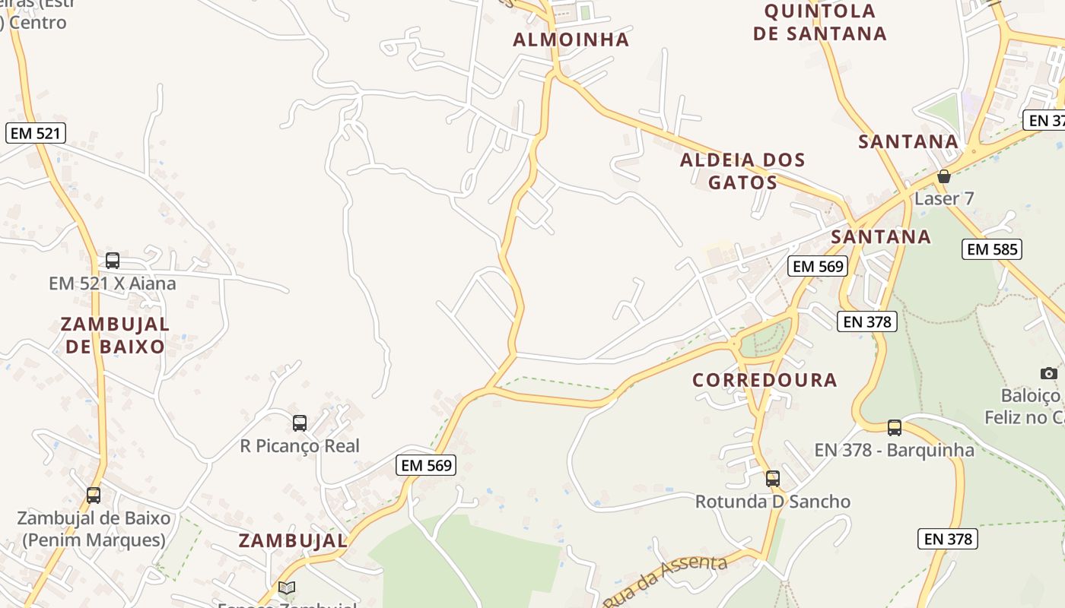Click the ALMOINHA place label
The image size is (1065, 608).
pyautogui.click(x=571, y=40)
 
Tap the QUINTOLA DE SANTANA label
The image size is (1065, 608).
pyautogui.click(x=820, y=22)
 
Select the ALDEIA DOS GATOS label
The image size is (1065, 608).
pyautogui.click(x=742, y=171)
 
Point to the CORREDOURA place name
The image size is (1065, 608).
pyautogui.click(x=765, y=380)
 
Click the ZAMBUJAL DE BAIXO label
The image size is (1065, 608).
pyautogui.click(x=115, y=335)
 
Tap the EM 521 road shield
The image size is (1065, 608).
pyautogui.click(x=36, y=133)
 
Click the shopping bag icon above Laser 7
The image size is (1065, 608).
pyautogui.click(x=944, y=176)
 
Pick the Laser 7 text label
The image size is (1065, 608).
pyautogui.click(x=944, y=199)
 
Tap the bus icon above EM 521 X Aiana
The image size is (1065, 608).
pyautogui.click(x=113, y=261)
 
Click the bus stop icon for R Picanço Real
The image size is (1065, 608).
pyautogui.click(x=300, y=423)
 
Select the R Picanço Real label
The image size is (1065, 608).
pyautogui.click(x=300, y=446)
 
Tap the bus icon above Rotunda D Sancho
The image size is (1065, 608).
pyautogui.click(x=773, y=479)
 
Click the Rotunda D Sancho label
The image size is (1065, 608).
pyautogui.click(x=773, y=502)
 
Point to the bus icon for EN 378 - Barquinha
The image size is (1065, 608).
pyautogui.click(x=895, y=428)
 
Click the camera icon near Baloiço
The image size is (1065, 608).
pyautogui.click(x=1049, y=373)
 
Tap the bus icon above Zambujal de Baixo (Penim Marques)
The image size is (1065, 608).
pyautogui.click(x=94, y=496)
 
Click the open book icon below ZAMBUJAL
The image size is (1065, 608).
pyautogui.click(x=287, y=587)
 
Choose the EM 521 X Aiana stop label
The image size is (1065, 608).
pyautogui.click(x=113, y=283)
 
